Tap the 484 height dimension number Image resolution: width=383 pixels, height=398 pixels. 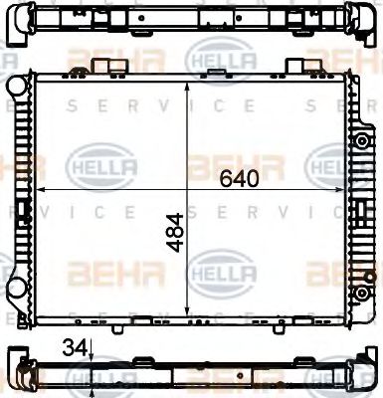click(175, 232)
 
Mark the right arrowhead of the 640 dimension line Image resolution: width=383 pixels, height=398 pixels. click(347, 189)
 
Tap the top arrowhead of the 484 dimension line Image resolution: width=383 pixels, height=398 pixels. click(188, 81)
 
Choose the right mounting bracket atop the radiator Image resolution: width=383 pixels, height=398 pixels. click(295, 67)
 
